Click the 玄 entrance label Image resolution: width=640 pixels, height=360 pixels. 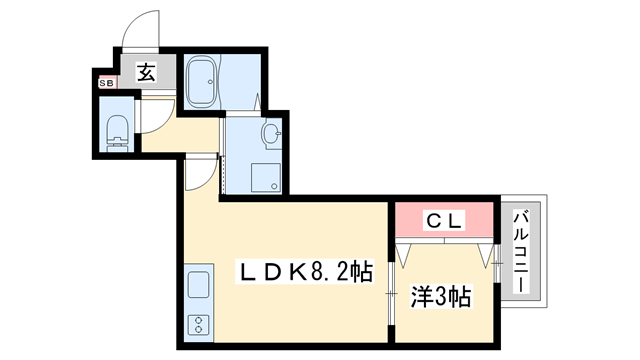tap(146, 72)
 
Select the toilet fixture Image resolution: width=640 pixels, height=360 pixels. tap(117, 129)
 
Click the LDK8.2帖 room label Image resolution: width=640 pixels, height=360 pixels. tap(305, 271)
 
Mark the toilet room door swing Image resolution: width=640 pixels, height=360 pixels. tap(152, 114)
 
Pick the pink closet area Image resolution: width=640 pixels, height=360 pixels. tap(444, 218)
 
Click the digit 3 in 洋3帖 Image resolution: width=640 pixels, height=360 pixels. tap(440, 297)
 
